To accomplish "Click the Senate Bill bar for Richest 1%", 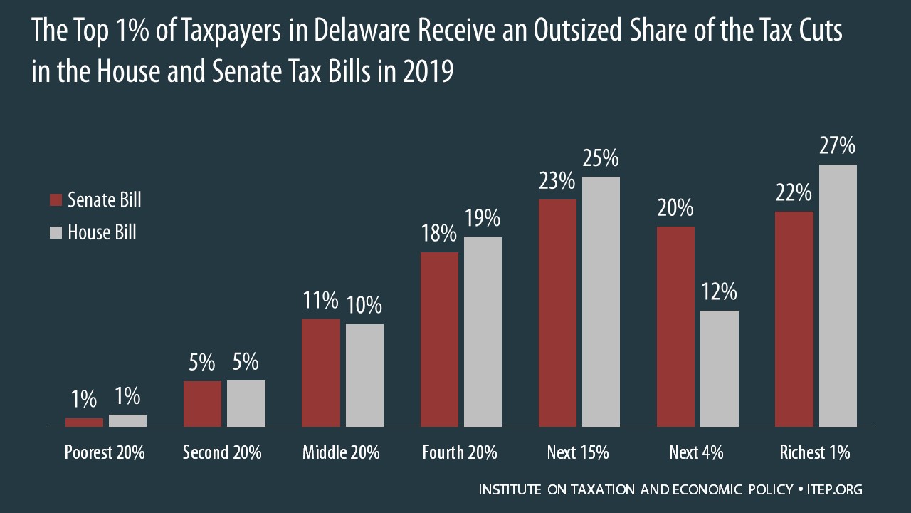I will [x=794, y=319].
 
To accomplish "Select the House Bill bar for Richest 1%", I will [x=838, y=296].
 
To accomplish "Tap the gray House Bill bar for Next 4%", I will [x=720, y=368].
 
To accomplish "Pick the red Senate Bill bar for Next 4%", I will [x=675, y=327].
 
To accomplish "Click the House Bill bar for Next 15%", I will [x=601, y=302].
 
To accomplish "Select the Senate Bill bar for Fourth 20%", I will [x=439, y=340].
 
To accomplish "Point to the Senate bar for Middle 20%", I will [x=320, y=373].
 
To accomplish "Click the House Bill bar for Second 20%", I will [x=246, y=404].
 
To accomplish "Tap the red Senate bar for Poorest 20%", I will [x=84, y=423].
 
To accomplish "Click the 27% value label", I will [x=838, y=147].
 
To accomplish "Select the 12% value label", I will [x=720, y=293].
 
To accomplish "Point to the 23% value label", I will [x=557, y=182].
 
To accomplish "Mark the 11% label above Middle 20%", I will [x=320, y=301].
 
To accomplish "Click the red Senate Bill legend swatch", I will [x=56, y=200].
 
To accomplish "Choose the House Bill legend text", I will [x=102, y=232].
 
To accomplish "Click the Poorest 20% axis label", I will [x=105, y=452].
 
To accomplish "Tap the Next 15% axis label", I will [x=578, y=452].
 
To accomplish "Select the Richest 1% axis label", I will [x=815, y=452].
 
